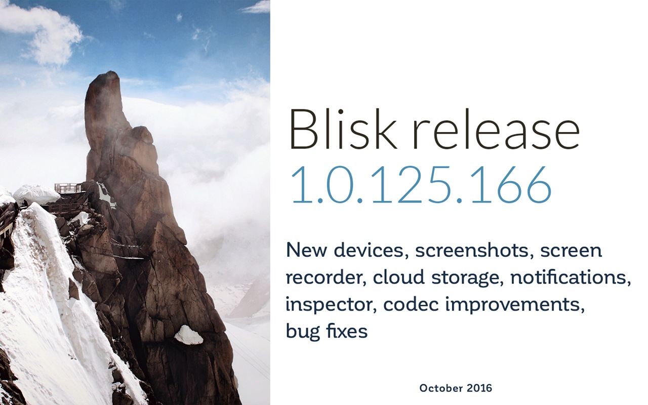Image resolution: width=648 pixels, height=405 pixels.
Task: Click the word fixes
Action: [x=346, y=332]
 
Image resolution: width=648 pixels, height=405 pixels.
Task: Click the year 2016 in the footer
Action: [x=479, y=388]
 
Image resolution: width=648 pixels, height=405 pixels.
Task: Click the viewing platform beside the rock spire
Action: [x=68, y=188]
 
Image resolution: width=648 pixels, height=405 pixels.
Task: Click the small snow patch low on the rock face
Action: [x=188, y=335]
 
